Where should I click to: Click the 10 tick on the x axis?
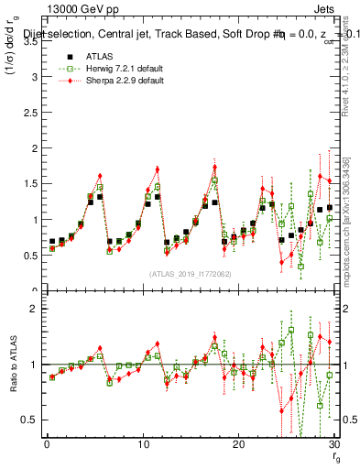tap(143, 445)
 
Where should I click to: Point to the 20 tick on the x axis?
tap(238, 445)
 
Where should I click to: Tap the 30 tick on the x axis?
tap(333, 445)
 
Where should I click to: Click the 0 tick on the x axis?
tap(47, 445)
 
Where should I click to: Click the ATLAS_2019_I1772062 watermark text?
tap(190, 274)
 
